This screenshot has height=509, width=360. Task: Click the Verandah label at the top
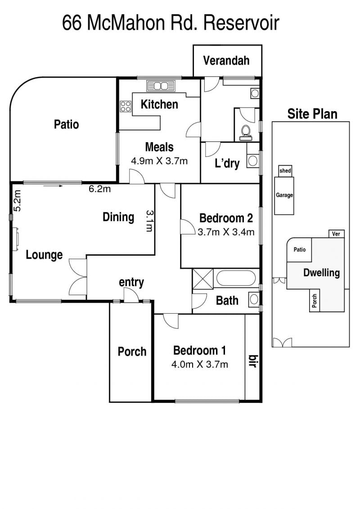(226, 60)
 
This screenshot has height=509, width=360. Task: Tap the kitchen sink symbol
(161, 86)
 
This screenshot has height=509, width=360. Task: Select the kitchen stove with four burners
(126, 106)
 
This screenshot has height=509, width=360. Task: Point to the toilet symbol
(246, 133)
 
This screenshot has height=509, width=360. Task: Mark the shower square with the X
(203, 279)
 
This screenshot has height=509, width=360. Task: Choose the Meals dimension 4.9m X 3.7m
(159, 161)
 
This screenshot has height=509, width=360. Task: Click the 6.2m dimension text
(99, 189)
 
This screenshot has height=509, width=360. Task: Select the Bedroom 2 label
(226, 218)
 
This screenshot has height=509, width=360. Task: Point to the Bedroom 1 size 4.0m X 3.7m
(200, 364)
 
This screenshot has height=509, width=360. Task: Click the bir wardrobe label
(252, 360)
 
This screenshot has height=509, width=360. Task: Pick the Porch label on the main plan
(132, 351)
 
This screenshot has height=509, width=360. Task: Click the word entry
(131, 282)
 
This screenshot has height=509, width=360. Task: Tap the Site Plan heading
(312, 114)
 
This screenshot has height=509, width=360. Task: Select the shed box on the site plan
(285, 171)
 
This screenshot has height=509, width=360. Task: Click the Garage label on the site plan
(284, 195)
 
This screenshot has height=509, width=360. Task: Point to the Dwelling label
(321, 273)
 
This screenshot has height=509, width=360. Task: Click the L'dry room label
(227, 163)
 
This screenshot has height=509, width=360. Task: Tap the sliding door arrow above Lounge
(53, 186)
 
